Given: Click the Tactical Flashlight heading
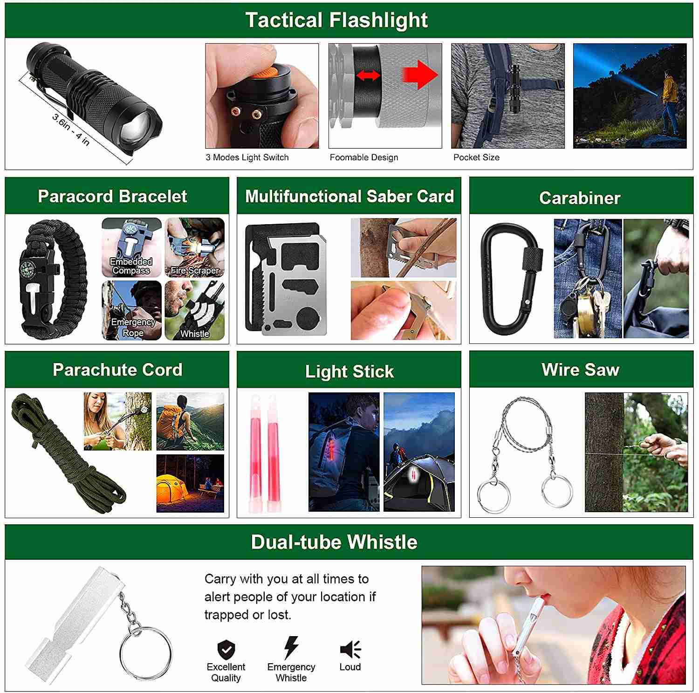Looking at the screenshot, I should [x=336, y=20].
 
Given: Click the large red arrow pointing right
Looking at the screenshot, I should [x=420, y=75].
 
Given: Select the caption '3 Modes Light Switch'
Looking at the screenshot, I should [x=247, y=158].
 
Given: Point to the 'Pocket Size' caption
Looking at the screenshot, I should [x=476, y=158].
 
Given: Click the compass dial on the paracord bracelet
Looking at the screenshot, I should [x=27, y=269].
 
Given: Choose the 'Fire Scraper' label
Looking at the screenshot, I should [x=195, y=270].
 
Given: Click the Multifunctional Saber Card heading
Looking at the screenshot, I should [x=349, y=196].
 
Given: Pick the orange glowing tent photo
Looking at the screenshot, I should [x=190, y=484].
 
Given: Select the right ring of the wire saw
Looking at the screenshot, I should [x=557, y=492].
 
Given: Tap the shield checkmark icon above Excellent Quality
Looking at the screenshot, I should [x=226, y=649].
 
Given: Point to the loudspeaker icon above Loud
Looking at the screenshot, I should [x=350, y=649].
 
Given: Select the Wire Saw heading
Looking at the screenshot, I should [x=581, y=370].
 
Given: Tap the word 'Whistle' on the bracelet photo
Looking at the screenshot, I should [x=195, y=334].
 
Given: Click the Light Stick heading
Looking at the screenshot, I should [x=349, y=371].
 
